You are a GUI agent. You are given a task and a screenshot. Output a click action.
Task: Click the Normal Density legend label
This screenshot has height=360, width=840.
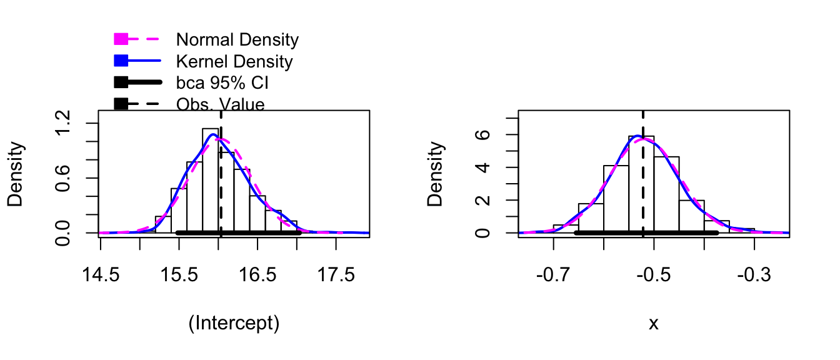[x=237, y=40]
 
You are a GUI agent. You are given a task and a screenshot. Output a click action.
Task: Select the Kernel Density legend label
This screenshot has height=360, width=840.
[x=234, y=62]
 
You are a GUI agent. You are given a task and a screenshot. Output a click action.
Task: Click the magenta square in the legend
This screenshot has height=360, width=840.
[x=121, y=39]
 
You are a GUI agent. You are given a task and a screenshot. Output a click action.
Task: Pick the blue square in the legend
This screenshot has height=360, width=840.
[x=121, y=61]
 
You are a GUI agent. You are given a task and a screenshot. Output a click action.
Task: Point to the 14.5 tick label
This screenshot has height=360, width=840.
[x=101, y=276]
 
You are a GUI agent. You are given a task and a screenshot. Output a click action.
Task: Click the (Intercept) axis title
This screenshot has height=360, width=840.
[x=234, y=323]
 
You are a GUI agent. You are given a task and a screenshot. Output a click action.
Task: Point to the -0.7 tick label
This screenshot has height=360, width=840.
[x=553, y=276]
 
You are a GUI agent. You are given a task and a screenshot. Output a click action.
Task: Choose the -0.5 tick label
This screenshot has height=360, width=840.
[x=654, y=276]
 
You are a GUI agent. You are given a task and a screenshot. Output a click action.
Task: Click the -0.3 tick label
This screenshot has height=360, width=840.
[x=754, y=276]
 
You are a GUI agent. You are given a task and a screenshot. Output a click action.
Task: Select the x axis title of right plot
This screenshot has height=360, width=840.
[x=654, y=324]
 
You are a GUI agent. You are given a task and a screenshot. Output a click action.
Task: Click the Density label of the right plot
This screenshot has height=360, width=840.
[x=435, y=174]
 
